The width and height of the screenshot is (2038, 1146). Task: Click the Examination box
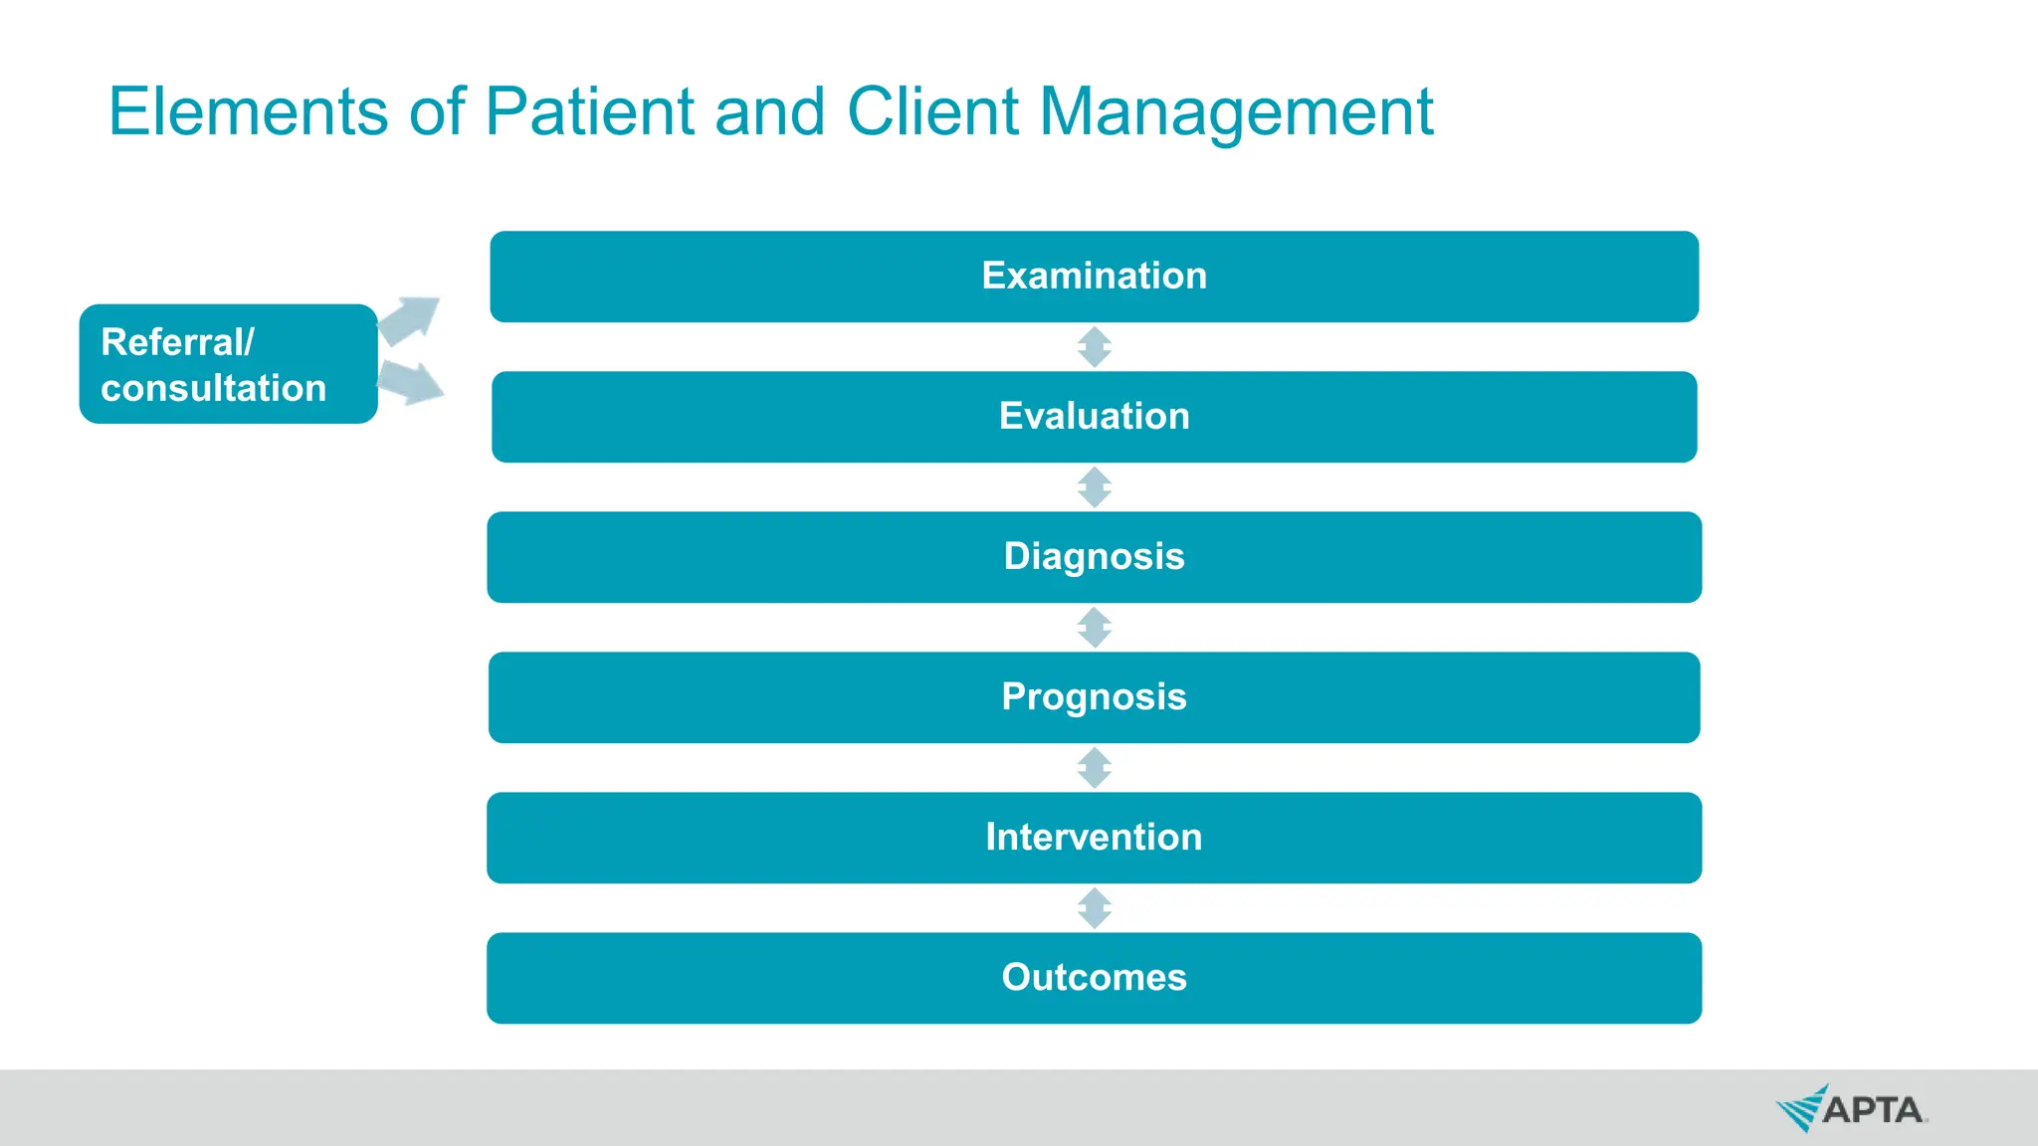[1094, 277]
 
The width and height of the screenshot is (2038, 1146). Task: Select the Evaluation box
[1094, 417]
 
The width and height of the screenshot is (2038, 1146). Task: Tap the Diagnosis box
[1094, 557]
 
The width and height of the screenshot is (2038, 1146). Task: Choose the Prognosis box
[1094, 697]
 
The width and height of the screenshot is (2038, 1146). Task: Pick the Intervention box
[1094, 838]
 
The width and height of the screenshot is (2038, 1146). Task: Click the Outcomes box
[1094, 978]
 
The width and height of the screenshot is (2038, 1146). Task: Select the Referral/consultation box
[228, 364]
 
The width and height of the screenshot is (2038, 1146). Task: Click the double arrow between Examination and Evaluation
[1095, 347]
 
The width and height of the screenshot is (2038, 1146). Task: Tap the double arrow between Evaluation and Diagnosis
[1095, 487]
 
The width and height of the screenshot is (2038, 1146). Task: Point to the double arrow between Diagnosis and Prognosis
[1095, 628]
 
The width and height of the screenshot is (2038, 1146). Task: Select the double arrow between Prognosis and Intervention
[1095, 768]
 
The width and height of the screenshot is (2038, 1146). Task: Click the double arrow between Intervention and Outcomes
[1095, 908]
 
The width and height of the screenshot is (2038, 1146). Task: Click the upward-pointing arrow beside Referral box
[410, 319]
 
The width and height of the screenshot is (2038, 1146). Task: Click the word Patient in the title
[589, 111]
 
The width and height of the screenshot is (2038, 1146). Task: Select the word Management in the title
[1235, 111]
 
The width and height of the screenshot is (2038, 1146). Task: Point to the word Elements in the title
[248, 111]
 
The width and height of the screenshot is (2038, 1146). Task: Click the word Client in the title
[932, 111]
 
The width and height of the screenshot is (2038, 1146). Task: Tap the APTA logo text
[1872, 1110]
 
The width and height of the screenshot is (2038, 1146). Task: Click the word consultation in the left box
[213, 388]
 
